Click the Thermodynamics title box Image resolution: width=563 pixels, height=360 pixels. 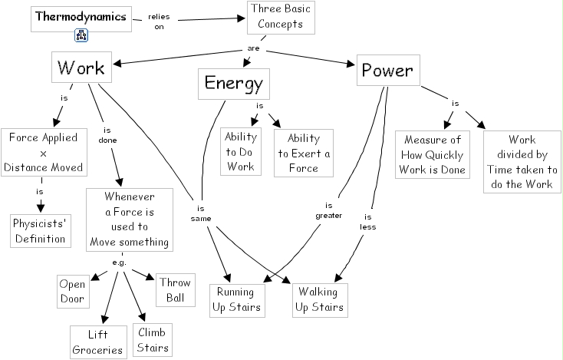point(81,19)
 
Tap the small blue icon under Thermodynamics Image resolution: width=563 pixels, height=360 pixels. point(81,35)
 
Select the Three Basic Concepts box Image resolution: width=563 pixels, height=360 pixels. point(281,18)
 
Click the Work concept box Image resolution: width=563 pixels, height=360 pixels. point(81,68)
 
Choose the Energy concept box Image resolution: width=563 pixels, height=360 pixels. point(234,84)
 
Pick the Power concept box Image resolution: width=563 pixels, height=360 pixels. point(388,70)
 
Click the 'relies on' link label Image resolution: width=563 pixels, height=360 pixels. point(159,21)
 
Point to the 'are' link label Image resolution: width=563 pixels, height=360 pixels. point(253,48)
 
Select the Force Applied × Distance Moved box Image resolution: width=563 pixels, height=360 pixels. point(44,152)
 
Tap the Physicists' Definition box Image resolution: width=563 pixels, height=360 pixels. point(41,231)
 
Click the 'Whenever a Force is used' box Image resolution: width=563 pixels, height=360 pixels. point(130,220)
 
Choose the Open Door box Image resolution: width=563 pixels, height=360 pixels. point(73,292)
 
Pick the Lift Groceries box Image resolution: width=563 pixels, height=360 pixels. point(98,342)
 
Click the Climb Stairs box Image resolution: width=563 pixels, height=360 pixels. point(153,340)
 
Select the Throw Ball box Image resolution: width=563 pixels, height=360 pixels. point(176,290)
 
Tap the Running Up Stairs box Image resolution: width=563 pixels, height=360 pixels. point(237,301)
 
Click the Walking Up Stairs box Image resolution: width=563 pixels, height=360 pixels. point(320,300)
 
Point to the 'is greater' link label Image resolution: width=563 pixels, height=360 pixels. point(328,210)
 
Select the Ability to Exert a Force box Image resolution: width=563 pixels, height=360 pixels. point(304,153)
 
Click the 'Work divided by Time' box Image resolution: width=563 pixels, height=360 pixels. point(522,162)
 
